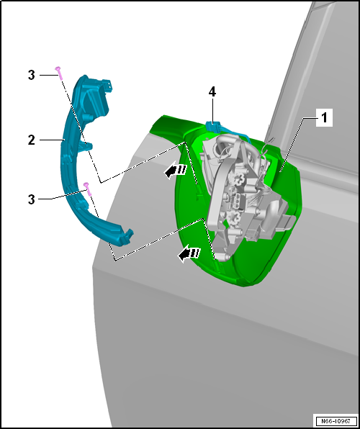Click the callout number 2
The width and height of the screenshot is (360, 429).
(31, 140)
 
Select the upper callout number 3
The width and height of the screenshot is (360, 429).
(31, 74)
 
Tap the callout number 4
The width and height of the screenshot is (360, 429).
(212, 91)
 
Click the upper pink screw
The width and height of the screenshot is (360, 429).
(59, 71)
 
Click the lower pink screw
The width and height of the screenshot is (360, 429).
(86, 187)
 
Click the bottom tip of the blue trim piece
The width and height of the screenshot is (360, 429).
(127, 236)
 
